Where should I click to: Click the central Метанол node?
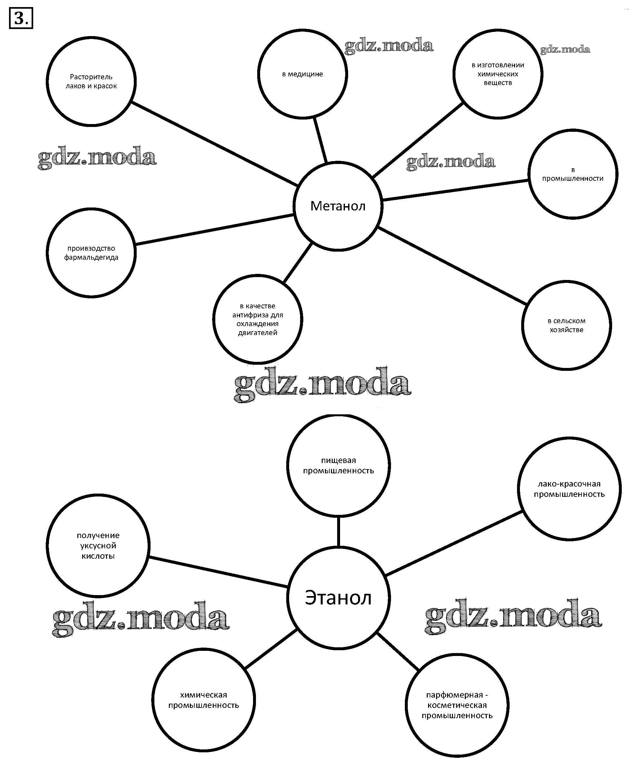[x=337, y=206]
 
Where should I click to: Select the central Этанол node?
[x=338, y=598]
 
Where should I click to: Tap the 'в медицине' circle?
[x=302, y=74]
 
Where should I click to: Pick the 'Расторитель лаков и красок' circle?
[x=91, y=81]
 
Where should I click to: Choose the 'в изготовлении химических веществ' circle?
[x=497, y=74]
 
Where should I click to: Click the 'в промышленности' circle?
[x=572, y=174]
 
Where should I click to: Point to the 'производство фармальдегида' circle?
[x=91, y=253]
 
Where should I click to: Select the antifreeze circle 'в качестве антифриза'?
[x=258, y=319]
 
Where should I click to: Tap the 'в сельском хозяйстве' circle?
[x=566, y=325]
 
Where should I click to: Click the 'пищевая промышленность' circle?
[x=338, y=465]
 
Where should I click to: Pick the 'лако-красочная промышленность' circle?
[x=569, y=489]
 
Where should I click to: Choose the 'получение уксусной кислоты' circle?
[x=98, y=545]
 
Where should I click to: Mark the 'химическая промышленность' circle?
[x=203, y=700]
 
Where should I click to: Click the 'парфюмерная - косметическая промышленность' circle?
[x=457, y=705]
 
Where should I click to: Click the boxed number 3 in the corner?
[x=21, y=18]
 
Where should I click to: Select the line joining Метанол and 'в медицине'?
[x=320, y=140]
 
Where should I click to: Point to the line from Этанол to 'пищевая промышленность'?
[x=338, y=532]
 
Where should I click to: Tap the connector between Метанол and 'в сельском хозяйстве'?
[x=453, y=266]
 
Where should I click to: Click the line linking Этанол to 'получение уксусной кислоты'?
[x=218, y=572]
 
